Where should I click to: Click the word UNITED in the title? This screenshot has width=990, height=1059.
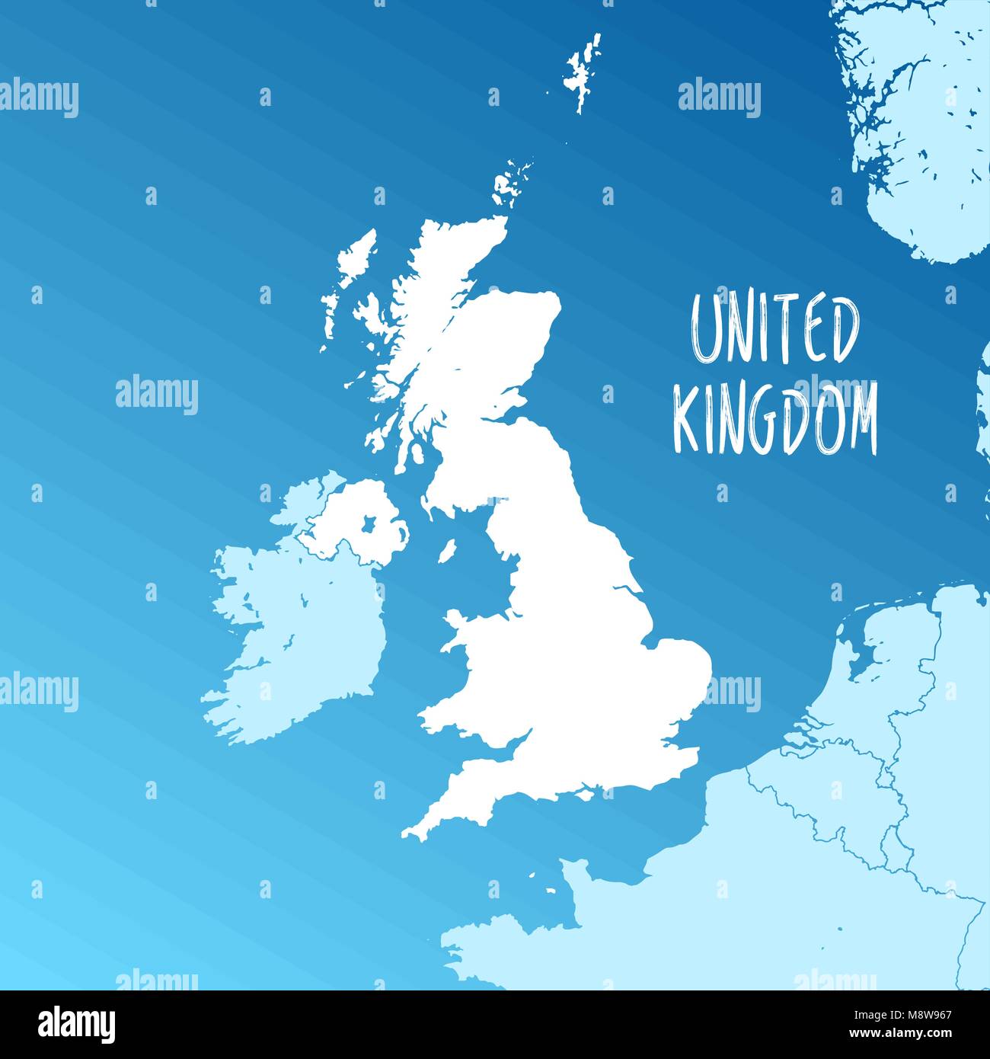[x=774, y=330]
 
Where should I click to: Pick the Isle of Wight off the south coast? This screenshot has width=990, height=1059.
[x=583, y=794]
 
